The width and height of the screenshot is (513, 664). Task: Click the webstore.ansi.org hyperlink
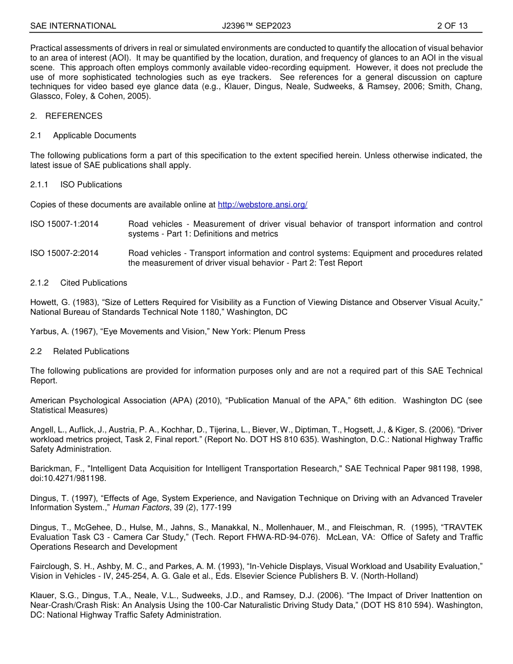coord(262,205)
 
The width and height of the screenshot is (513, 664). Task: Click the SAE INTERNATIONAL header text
coord(73,25)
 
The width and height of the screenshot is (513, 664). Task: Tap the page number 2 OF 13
coord(452,25)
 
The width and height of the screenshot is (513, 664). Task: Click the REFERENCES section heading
coord(73,116)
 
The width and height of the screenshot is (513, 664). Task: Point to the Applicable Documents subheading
coord(94,135)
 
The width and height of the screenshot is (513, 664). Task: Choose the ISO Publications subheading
coord(91,185)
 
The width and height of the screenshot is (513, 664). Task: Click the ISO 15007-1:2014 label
coord(64,224)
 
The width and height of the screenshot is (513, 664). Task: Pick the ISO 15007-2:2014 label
coord(64,253)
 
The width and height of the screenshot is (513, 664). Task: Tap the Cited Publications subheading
coord(94,283)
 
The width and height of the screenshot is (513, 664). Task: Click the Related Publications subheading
coord(91,351)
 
